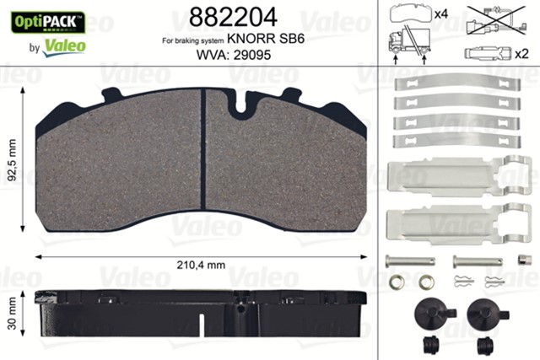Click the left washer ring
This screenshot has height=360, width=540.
pos(397,281)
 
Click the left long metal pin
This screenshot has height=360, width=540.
pos(409,261)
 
